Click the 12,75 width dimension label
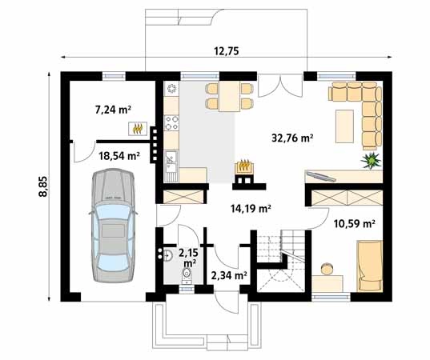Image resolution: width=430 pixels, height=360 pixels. point(227,51)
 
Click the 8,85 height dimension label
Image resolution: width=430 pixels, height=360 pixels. point(43,186)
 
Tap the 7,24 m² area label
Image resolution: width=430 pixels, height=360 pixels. point(113,110)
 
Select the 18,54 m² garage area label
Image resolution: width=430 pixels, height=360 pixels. point(119,156)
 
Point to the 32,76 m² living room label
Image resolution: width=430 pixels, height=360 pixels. point(292,138)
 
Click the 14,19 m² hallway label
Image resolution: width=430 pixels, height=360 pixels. point(251,209)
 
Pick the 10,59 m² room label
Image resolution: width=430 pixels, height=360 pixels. point(354,224)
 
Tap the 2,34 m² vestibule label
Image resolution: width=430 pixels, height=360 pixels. point(229,276)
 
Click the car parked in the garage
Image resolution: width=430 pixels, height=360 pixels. point(113,226)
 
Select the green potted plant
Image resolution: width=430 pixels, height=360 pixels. point(371,161)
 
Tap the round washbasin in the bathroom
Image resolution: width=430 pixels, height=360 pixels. point(167,255)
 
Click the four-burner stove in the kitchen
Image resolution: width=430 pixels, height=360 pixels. point(171,122)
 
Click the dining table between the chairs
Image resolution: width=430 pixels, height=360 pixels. point(230,96)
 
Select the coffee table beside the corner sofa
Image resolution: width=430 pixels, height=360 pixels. point(344,126)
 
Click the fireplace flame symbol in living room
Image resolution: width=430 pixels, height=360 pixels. point(244,166)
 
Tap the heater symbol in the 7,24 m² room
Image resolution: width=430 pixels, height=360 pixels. point(138,129)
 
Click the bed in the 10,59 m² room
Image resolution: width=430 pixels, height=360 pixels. point(369,266)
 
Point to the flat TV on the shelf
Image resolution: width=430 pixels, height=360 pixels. point(321,176)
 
